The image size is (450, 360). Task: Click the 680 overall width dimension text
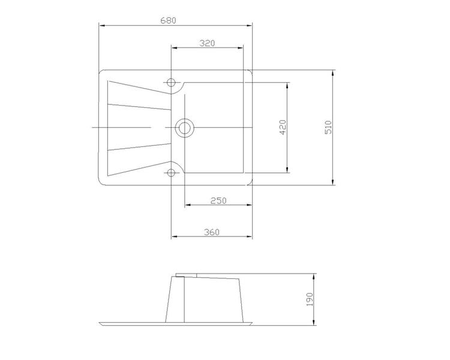[x=168, y=20]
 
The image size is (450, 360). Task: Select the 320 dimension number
[x=207, y=43]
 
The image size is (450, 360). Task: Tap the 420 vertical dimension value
[x=283, y=127]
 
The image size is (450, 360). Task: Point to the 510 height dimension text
[x=328, y=127]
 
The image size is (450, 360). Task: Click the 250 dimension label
[x=218, y=200]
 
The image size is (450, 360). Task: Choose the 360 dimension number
[x=212, y=232]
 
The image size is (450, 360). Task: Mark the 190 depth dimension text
[x=310, y=299]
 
